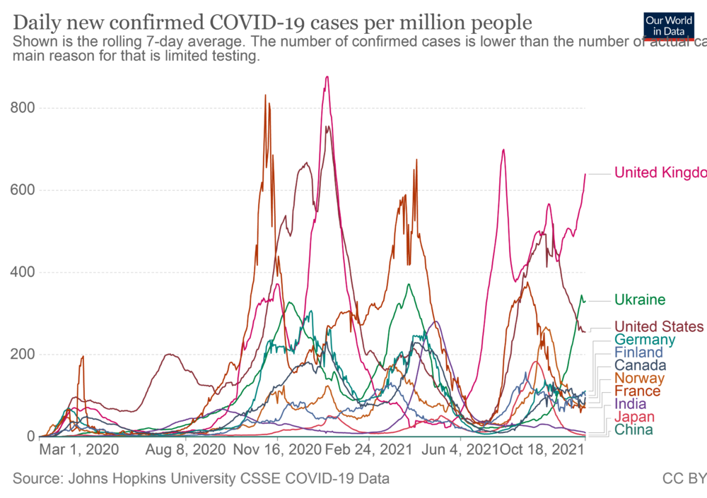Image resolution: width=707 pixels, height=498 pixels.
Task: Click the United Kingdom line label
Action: click(660, 173)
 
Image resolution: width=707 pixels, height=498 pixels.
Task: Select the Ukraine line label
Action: click(640, 300)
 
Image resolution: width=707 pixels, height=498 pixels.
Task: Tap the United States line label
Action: click(659, 326)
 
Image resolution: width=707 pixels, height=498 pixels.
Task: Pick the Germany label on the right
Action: click(644, 340)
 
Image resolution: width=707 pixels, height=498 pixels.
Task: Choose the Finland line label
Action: click(638, 352)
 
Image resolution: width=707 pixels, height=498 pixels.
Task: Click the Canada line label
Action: click(640, 365)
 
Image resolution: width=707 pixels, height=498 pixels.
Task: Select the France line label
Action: click(637, 391)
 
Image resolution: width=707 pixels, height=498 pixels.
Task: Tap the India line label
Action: click(630, 404)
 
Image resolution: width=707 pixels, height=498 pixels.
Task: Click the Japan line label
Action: click(633, 417)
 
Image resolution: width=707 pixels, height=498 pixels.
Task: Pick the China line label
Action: click(633, 430)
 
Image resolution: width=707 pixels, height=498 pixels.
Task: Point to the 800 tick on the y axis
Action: click(23, 108)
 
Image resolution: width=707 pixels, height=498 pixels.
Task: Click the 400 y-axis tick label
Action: click(23, 273)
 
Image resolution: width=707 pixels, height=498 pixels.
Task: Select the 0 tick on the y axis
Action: click(32, 437)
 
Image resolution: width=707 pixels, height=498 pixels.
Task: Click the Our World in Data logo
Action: click(668, 25)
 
